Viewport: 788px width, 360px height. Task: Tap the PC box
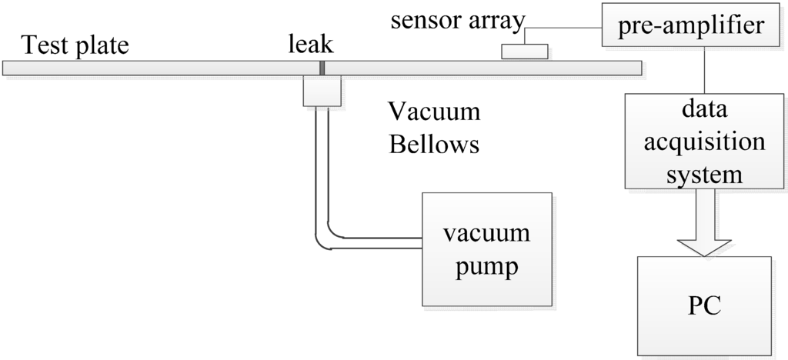point(703,303)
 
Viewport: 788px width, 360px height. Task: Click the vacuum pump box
point(486,248)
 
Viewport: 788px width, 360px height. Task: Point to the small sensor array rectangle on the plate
point(525,52)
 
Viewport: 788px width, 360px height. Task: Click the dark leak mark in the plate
point(322,68)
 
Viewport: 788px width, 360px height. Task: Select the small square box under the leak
point(322,92)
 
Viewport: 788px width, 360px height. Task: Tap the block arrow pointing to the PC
point(704,223)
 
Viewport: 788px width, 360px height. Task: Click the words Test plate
point(75,45)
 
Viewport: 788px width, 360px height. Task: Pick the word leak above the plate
point(311,45)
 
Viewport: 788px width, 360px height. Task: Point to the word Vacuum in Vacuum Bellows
point(434,112)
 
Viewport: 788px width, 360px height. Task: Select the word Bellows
point(434,144)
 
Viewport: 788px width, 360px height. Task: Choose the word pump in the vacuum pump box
point(486,267)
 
